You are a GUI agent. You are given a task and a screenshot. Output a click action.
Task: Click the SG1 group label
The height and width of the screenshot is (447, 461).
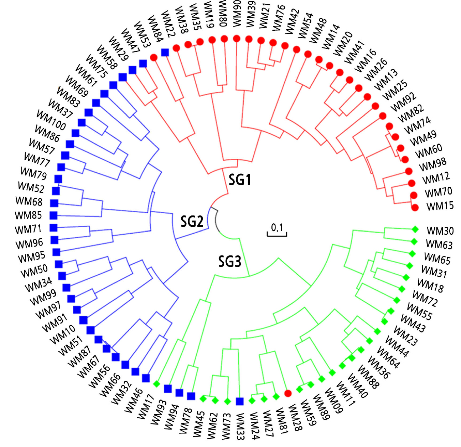239,179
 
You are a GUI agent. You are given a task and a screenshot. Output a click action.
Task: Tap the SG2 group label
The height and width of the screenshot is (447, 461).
192,222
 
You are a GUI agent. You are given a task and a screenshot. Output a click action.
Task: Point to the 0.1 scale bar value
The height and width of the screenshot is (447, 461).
277,227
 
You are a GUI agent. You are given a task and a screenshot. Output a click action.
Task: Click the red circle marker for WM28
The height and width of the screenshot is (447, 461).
288,393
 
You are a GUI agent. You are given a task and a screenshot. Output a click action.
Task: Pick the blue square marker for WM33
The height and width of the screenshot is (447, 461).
240,401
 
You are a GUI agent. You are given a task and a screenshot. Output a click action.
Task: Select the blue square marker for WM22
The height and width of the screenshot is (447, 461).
165,52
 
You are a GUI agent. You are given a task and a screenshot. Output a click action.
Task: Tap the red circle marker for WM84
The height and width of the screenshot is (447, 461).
154,57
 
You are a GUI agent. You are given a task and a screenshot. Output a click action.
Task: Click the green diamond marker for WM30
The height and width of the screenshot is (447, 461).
414,229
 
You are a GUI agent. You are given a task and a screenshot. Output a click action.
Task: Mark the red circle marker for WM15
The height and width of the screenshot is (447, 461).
415,207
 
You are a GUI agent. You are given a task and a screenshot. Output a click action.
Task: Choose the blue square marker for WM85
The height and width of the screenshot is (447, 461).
53,215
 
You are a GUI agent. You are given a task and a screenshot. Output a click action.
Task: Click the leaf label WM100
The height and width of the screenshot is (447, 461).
51,120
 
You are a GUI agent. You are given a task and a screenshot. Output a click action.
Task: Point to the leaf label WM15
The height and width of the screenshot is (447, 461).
440,206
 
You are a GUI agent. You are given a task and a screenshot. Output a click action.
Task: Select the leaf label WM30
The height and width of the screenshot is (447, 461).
440,231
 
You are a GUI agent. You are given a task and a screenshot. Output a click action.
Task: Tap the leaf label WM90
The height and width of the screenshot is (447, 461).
237,13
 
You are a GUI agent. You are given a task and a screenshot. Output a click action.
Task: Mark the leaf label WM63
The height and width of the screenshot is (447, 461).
439,244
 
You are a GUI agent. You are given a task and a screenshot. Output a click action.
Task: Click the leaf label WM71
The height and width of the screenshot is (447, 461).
28,229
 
